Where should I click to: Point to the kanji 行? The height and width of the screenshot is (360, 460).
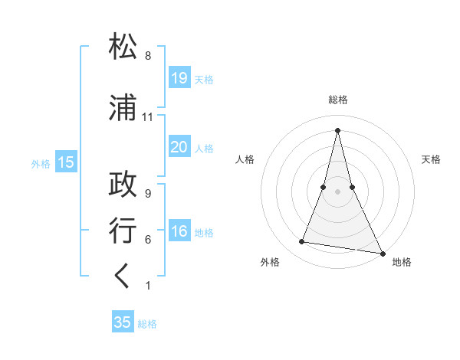(x=123, y=231)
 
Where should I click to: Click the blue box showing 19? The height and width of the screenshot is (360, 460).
(x=179, y=78)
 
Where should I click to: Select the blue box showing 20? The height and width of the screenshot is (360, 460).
(x=179, y=147)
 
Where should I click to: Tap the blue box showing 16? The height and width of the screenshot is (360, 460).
(x=179, y=232)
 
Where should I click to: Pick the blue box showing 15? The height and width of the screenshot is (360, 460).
(x=65, y=162)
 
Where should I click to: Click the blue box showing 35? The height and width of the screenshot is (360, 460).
(x=123, y=322)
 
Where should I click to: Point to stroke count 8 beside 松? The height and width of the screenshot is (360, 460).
(x=148, y=56)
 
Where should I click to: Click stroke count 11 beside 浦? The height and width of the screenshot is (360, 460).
(x=148, y=117)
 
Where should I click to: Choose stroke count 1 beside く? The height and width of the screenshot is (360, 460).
(x=148, y=286)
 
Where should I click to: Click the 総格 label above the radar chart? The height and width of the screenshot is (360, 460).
(x=338, y=100)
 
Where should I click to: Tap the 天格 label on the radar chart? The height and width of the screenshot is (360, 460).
(x=431, y=159)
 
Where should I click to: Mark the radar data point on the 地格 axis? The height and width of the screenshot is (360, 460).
(x=382, y=252)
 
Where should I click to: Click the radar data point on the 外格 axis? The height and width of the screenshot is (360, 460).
(x=302, y=242)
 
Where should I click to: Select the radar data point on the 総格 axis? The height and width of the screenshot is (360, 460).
(x=337, y=130)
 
